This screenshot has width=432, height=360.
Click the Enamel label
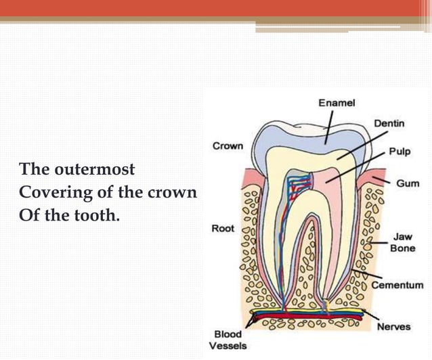click(337, 103)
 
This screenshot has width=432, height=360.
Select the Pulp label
click(399, 152)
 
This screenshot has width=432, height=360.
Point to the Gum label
click(408, 184)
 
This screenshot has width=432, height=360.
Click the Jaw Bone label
click(402, 243)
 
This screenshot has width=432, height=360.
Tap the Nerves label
click(394, 326)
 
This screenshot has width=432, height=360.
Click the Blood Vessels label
click(228, 340)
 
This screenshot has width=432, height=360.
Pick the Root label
click(223, 229)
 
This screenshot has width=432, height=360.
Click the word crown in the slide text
click(174, 193)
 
